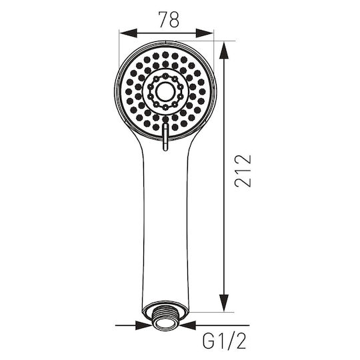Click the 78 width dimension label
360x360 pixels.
click(169, 19)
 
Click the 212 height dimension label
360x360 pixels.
click(243, 171)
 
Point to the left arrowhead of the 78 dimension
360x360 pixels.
click(129, 33)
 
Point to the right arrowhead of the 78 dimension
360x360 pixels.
click(205, 33)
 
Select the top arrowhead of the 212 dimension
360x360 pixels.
click(224, 50)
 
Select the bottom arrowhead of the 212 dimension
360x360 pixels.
click(224, 303)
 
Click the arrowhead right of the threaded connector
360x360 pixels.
click(188, 325)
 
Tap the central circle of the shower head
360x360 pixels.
click(165, 91)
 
